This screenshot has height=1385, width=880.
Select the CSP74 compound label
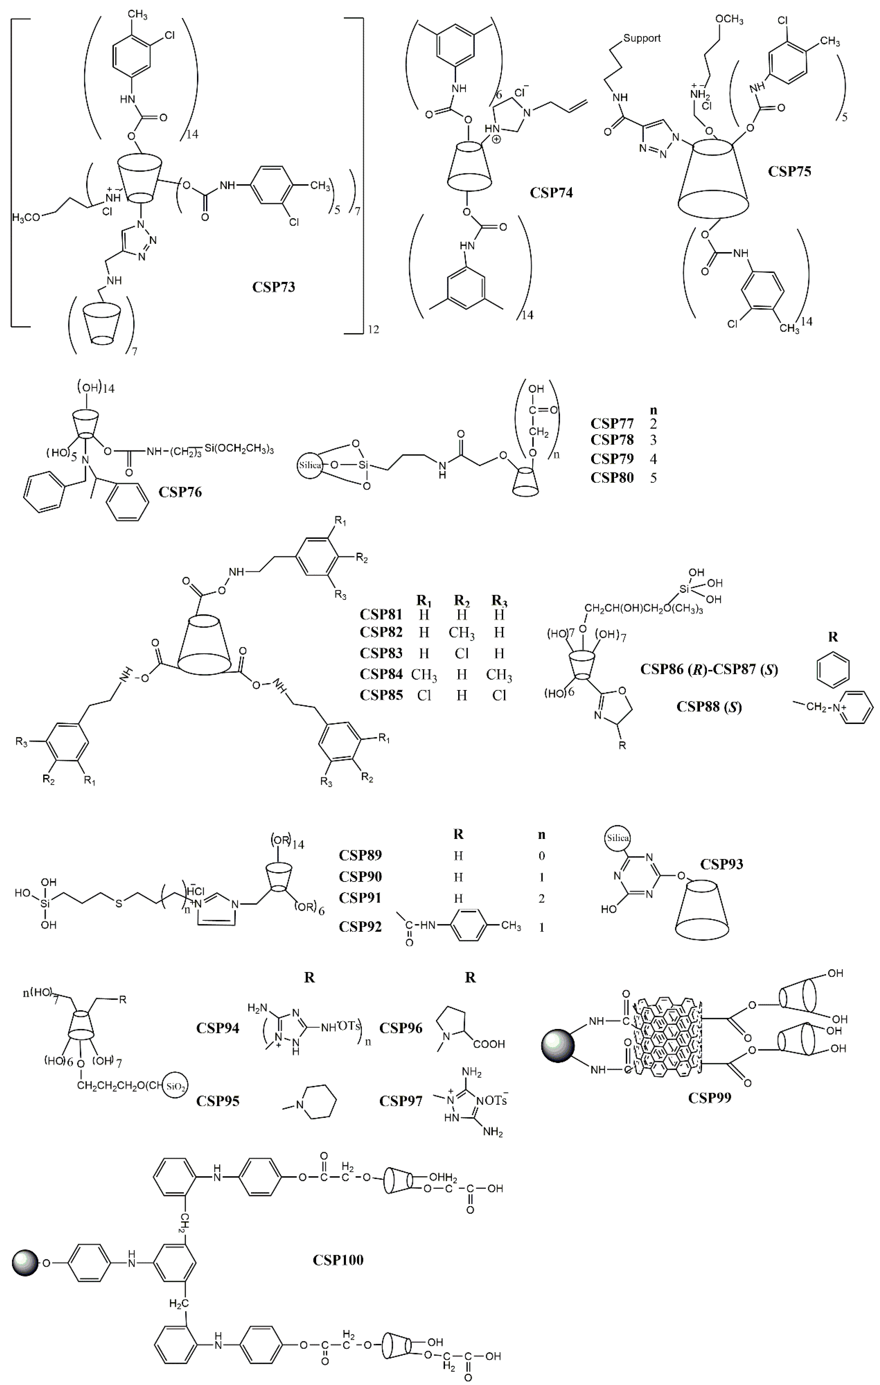551,192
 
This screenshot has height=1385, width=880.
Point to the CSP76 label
180,492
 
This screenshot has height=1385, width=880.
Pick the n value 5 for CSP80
653,478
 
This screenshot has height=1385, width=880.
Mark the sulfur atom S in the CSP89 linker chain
118,904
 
